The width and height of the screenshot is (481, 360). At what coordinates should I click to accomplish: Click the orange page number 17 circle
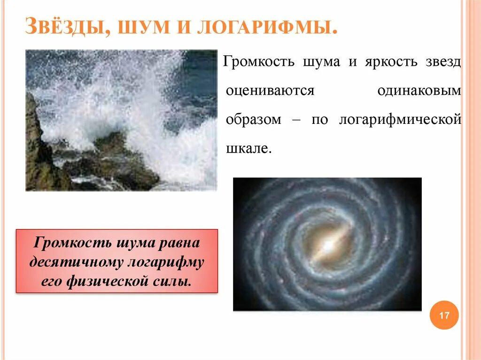point(444,315)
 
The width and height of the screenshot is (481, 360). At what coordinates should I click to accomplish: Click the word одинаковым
point(419,91)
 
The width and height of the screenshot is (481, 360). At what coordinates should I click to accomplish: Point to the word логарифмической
point(400,120)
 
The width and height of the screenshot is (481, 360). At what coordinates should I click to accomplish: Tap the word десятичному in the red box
point(77,262)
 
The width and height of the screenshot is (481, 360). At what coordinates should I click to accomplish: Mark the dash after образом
point(296,120)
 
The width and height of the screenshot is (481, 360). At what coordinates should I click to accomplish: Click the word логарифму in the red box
point(166,262)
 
